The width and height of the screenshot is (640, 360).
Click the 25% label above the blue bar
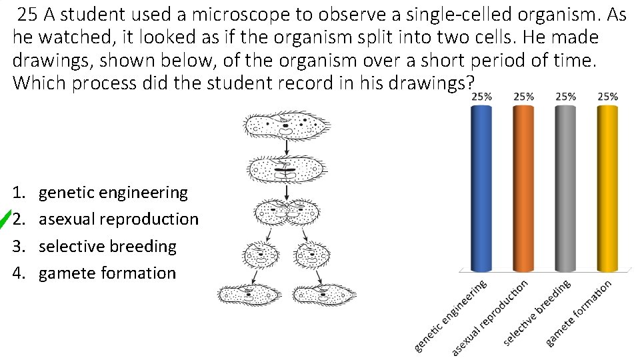[482, 97]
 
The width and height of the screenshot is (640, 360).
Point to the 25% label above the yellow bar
[607, 97]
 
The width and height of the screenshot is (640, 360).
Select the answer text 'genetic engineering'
[113, 193]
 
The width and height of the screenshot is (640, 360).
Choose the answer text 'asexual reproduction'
[119, 219]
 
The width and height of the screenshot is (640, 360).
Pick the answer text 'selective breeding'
[107, 246]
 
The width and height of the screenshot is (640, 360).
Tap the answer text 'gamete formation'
[107, 273]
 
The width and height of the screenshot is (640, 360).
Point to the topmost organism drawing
[286, 124]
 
